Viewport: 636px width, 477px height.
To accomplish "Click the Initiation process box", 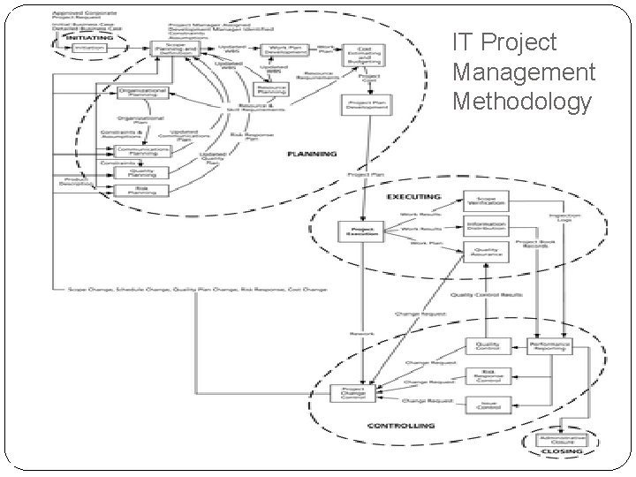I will pyautogui.click(x=89, y=48).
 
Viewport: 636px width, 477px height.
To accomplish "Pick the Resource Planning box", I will pyautogui.click(x=270, y=89).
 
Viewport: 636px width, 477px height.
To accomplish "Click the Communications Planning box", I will pyautogui.click(x=137, y=151).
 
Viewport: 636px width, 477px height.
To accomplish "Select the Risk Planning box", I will pyautogui.click(x=137, y=189).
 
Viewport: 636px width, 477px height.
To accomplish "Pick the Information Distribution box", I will pyautogui.click(x=486, y=227).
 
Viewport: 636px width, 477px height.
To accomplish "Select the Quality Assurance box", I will pyautogui.click(x=486, y=254).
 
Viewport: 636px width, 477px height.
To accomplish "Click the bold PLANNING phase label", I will pyautogui.click(x=312, y=154).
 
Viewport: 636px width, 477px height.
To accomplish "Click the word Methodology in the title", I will pyautogui.click(x=521, y=102).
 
